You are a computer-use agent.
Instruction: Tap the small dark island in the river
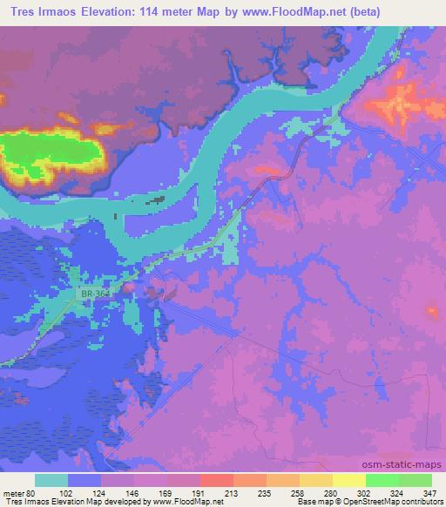click(x=157, y=200)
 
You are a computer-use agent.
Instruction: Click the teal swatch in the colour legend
click(x=51, y=480)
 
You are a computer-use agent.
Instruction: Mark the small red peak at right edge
click(x=433, y=310)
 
